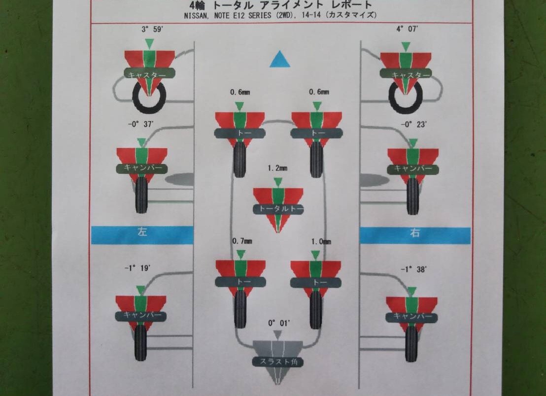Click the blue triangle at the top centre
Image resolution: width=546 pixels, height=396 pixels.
pyautogui.click(x=279, y=60)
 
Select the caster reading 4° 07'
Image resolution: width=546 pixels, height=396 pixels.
pyautogui.click(x=408, y=30)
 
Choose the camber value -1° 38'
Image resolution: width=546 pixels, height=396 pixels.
pyautogui.click(x=414, y=269)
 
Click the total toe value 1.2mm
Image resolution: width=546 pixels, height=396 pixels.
pyautogui.click(x=278, y=168)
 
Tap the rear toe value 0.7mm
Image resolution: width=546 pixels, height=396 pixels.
pyautogui.click(x=242, y=241)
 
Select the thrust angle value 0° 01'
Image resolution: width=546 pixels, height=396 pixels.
pyautogui.click(x=279, y=323)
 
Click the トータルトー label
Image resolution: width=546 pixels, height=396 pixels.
pyautogui.click(x=278, y=209)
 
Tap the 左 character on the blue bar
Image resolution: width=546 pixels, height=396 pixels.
pyautogui.click(x=142, y=233)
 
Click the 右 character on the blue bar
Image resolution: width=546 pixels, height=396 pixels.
pyautogui.click(x=415, y=233)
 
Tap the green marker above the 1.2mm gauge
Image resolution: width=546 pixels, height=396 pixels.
pyautogui.click(x=278, y=181)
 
